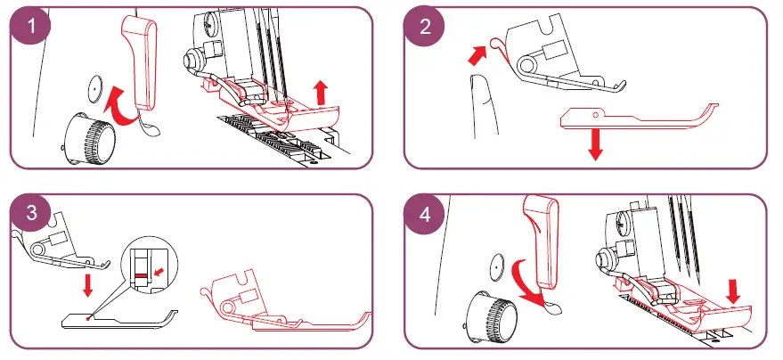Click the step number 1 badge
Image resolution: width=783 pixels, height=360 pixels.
[x=34, y=27]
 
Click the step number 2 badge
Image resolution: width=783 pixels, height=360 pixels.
[x=425, y=27]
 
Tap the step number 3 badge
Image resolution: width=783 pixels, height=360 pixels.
[x=33, y=216]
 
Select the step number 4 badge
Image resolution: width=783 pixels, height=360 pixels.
[x=425, y=216]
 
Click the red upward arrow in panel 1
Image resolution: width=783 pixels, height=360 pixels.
[x=322, y=89]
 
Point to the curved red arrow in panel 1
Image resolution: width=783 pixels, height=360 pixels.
[x=119, y=105]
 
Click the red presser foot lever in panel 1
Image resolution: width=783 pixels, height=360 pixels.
[x=137, y=62]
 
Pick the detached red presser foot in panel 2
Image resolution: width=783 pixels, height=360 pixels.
[x=632, y=118]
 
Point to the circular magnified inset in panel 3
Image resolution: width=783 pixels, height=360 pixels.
[x=152, y=262]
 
